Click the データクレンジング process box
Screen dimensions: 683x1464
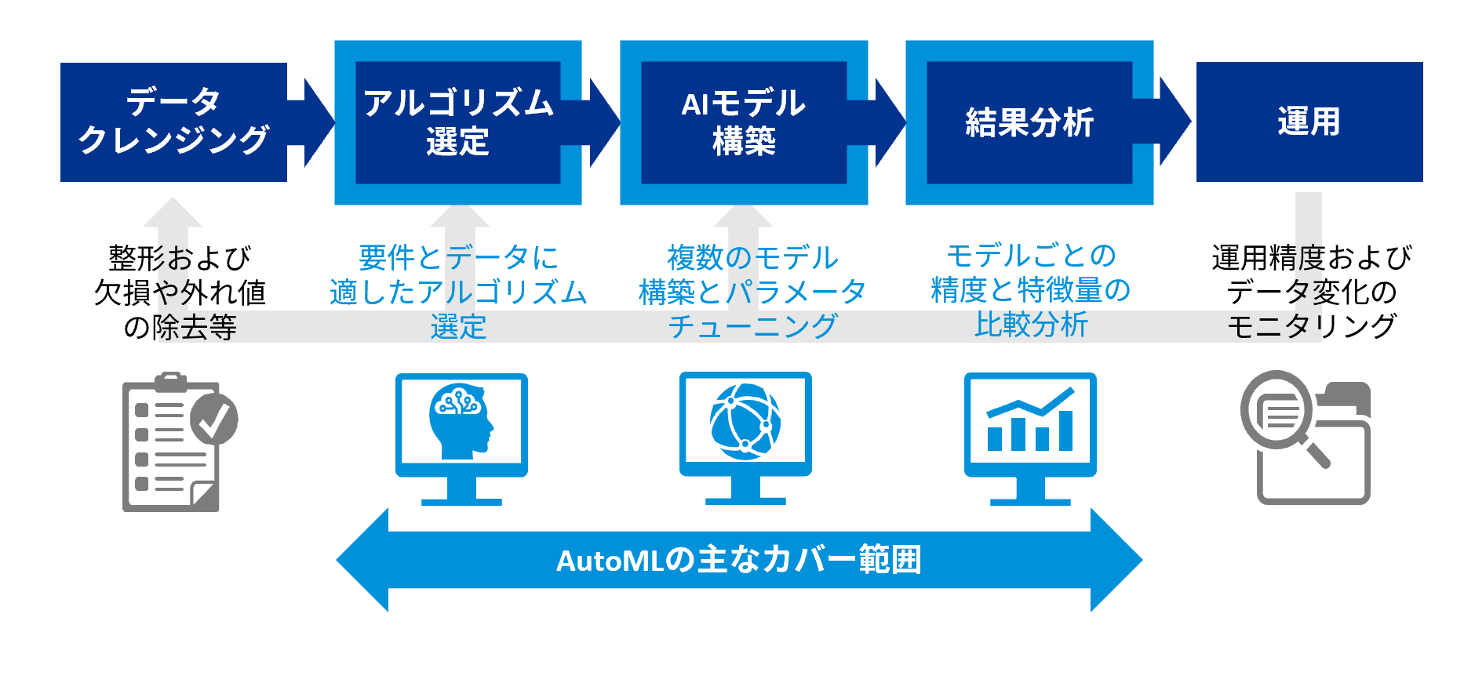click(x=173, y=122)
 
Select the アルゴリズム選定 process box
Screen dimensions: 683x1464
click(x=458, y=122)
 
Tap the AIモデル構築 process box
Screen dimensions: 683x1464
click(x=744, y=122)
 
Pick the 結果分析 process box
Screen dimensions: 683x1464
click(x=1029, y=122)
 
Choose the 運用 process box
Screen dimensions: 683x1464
click(x=1309, y=122)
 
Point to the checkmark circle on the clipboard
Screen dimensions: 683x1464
click(x=214, y=419)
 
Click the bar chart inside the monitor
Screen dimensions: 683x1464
click(x=1029, y=423)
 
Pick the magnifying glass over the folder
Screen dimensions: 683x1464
click(x=1278, y=412)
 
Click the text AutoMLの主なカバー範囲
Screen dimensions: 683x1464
click(x=738, y=561)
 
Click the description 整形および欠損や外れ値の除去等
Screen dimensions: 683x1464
click(x=180, y=292)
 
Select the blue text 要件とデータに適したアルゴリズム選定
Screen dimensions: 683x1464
click(x=458, y=292)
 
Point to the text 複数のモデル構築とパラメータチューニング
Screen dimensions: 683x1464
click(x=752, y=292)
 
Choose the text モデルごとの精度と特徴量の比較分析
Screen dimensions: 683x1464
click(x=1030, y=291)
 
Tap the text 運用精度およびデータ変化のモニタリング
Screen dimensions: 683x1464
click(x=1311, y=292)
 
